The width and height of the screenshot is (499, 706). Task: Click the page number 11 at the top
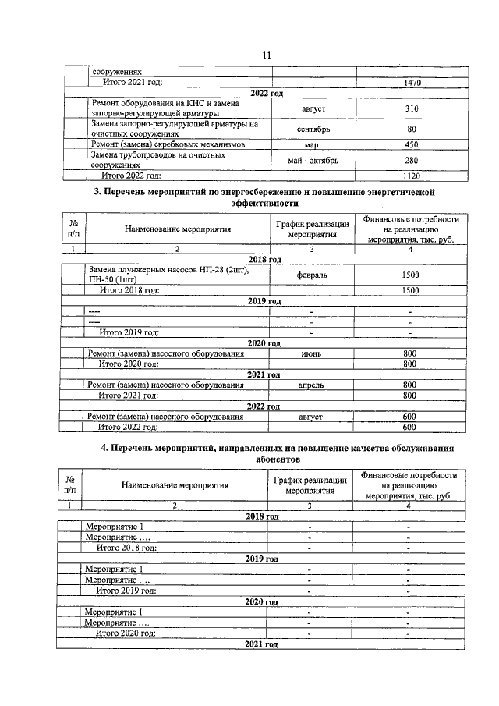click(266, 55)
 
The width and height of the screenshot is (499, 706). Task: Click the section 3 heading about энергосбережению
click(264, 197)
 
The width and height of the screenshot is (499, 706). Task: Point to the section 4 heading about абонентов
click(264, 454)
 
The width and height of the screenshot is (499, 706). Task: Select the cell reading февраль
click(311, 275)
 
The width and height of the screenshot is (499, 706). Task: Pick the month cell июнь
click(311, 353)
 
